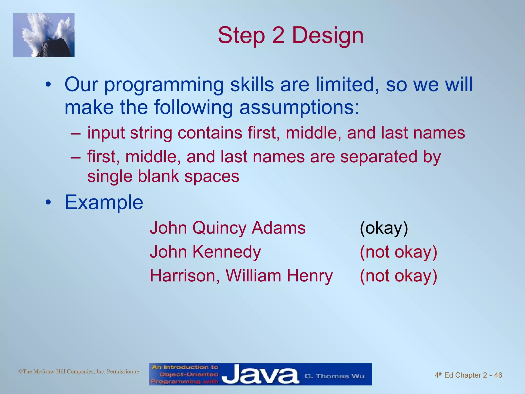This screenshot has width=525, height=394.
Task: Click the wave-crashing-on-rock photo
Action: [44, 35]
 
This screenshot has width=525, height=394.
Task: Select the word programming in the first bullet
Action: [164, 85]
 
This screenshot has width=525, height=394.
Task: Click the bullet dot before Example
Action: [48, 203]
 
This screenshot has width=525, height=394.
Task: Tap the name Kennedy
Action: [227, 252]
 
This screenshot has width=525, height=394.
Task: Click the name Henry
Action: [310, 276]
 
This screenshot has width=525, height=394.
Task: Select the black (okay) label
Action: [384, 228]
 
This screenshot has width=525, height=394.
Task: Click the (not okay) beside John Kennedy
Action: [398, 252]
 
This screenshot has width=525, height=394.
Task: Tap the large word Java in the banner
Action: [260, 375]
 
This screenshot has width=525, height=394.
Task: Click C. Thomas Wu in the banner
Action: [334, 376]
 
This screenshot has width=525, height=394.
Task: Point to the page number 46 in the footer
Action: [498, 375]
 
